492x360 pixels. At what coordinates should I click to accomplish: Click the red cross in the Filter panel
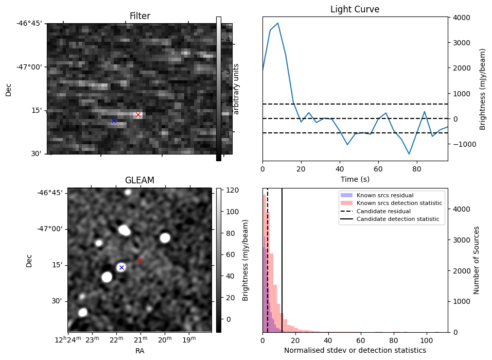click(x=138, y=114)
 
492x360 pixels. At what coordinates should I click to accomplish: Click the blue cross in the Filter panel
click(x=114, y=121)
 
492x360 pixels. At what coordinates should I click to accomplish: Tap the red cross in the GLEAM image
click(x=140, y=260)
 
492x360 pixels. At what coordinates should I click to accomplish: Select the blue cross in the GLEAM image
click(x=121, y=267)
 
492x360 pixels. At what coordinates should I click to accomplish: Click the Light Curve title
click(x=355, y=10)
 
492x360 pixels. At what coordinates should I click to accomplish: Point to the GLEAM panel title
click(x=139, y=180)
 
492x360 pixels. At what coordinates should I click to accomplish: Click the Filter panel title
click(x=139, y=16)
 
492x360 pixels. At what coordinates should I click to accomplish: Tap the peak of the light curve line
click(x=278, y=23)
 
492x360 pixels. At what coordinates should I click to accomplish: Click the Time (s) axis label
click(x=355, y=179)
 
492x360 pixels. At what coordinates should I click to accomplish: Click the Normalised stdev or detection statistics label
click(x=355, y=350)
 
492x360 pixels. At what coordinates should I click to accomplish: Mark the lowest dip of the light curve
click(x=409, y=154)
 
